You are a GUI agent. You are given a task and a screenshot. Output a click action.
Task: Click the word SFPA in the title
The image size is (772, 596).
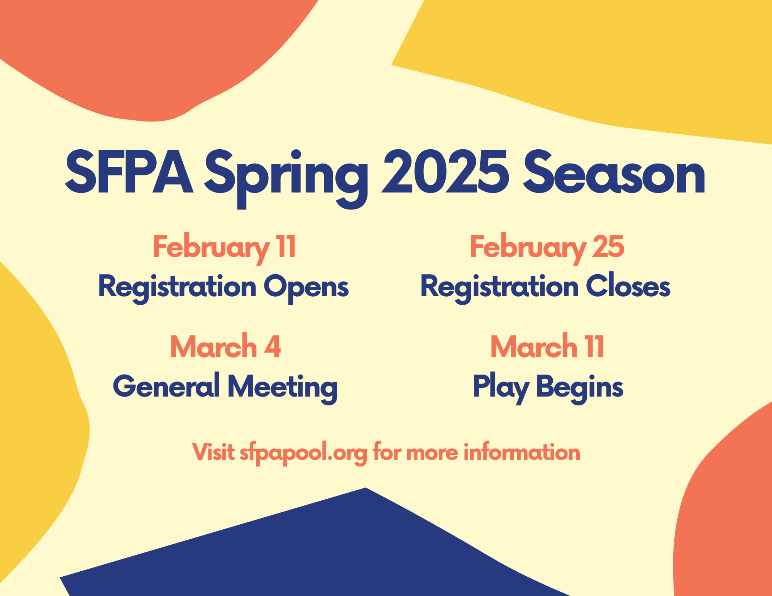click(129, 172)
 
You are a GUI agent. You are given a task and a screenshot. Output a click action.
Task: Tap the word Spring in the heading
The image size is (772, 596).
click(286, 179)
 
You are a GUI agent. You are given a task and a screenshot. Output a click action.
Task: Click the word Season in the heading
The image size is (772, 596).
click(614, 172)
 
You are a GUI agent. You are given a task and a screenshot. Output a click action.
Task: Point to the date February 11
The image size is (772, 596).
click(225, 249)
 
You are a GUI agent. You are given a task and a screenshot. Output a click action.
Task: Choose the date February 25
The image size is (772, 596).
click(547, 249)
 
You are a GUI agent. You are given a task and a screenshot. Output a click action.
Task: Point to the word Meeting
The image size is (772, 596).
click(283, 388)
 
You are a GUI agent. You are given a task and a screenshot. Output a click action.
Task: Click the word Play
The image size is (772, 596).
click(501, 388)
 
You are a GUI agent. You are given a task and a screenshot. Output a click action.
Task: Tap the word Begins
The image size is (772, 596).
click(580, 388)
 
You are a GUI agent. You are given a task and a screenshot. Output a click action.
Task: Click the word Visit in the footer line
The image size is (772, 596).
click(213, 452)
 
